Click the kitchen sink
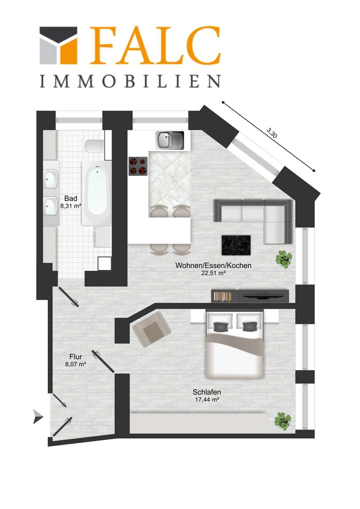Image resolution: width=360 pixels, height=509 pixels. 169,140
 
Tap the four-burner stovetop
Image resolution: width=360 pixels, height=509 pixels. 138,166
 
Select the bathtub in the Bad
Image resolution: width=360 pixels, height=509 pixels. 97,193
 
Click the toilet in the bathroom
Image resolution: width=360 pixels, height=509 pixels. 95,146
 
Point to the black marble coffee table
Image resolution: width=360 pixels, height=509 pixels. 236,245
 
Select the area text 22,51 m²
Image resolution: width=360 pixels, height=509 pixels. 213,273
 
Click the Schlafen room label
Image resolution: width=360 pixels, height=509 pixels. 207,392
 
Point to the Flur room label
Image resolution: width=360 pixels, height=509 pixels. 76,357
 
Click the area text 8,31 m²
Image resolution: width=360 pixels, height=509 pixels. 71,206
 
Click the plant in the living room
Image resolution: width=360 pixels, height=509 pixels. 284,259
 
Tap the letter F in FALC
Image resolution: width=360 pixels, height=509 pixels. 102,45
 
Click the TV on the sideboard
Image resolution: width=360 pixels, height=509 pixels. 263,296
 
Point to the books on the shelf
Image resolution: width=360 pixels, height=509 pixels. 223,296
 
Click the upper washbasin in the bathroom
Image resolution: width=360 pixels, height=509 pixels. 51,179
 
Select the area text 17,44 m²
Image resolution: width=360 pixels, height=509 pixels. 207,399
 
